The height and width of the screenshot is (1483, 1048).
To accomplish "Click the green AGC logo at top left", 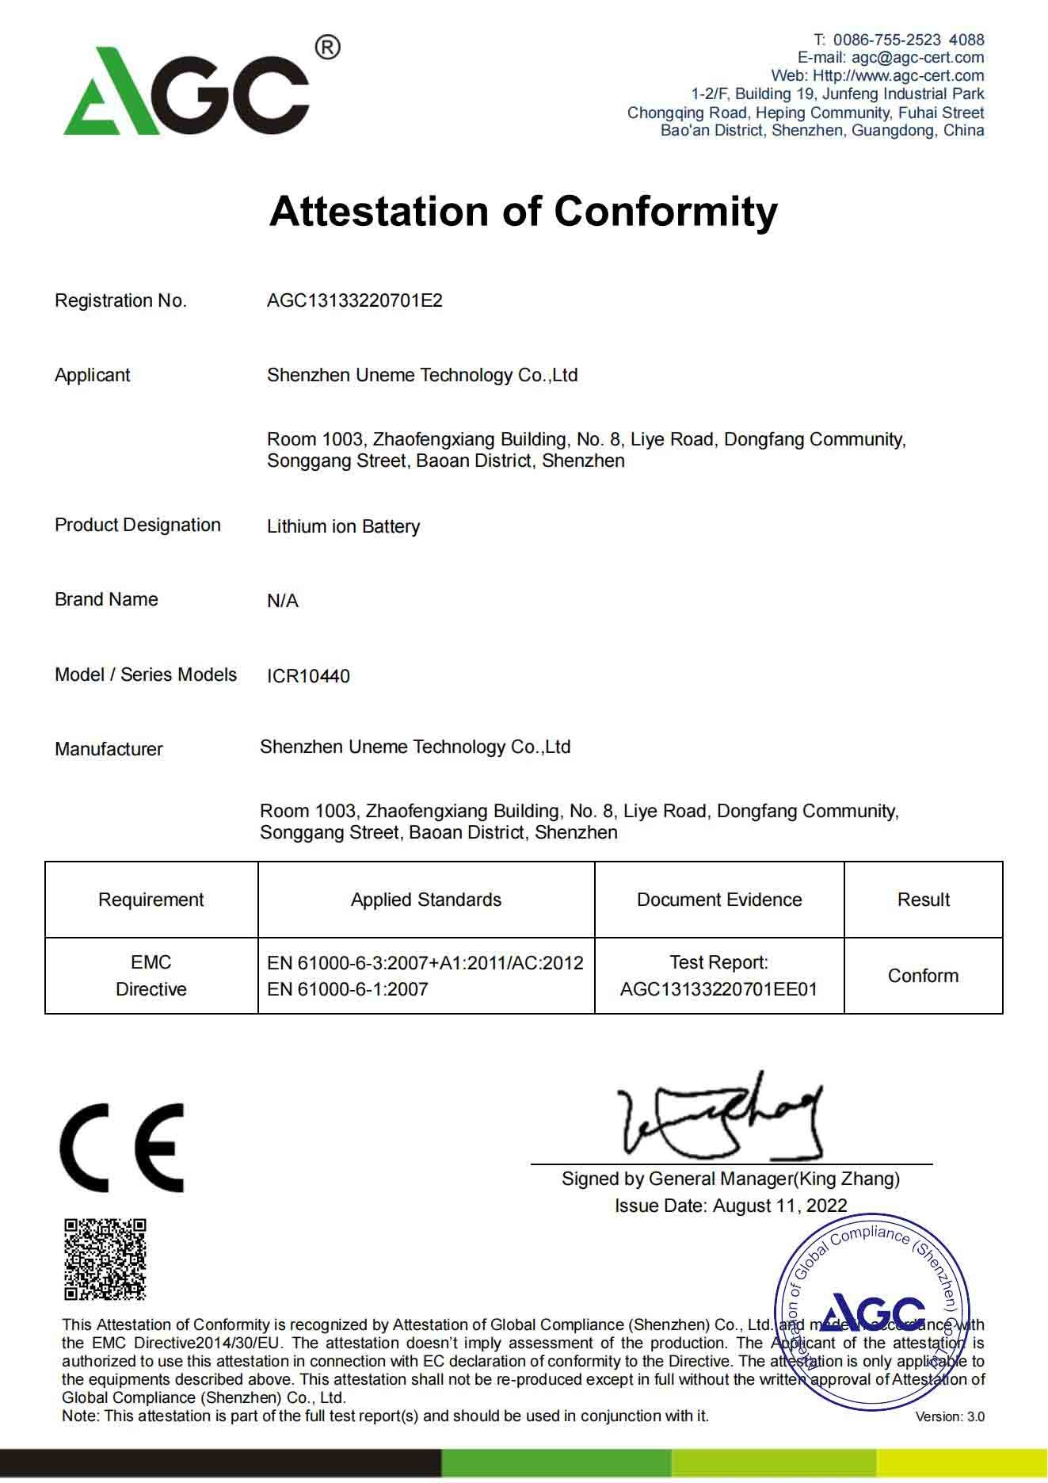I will [x=187, y=91].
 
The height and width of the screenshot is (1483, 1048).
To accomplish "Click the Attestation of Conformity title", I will [x=523, y=212].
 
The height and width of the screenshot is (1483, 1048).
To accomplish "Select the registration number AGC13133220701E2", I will [x=354, y=301].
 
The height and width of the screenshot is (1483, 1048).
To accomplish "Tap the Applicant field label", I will [x=92, y=375].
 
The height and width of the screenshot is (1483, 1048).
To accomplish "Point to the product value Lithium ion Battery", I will [x=343, y=526].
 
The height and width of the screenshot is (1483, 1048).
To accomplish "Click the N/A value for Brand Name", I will [x=283, y=601].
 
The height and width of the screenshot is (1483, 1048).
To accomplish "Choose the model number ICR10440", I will [x=308, y=676].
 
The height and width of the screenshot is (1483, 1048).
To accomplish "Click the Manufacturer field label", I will [x=109, y=749].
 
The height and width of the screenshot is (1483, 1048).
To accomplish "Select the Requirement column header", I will [x=151, y=900].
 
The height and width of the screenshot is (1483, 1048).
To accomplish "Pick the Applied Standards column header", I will [x=426, y=900].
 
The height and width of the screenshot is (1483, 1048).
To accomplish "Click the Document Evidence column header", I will [x=719, y=900].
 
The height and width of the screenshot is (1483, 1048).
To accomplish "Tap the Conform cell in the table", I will [x=923, y=976].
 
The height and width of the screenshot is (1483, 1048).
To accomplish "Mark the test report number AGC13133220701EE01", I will [x=718, y=989].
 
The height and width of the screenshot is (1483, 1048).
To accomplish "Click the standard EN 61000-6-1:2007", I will [x=348, y=989].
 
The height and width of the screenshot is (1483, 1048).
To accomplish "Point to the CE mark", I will [x=122, y=1147].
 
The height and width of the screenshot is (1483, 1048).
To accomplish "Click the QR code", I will [x=105, y=1259].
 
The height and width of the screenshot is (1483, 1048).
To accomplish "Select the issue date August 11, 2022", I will [x=779, y=1206].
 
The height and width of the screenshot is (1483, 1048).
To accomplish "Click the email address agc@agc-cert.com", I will [x=917, y=57].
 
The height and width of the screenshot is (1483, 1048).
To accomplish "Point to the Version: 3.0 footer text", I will [x=950, y=1416].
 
